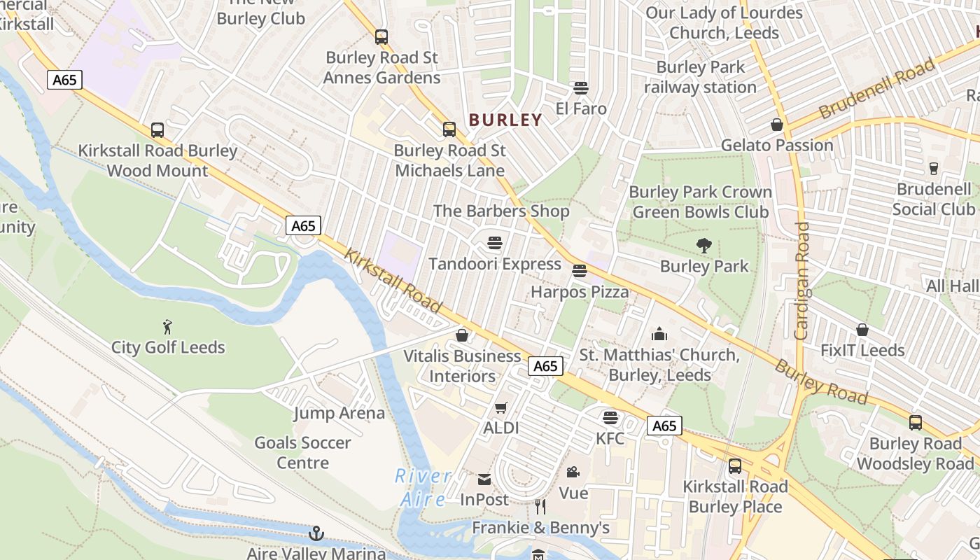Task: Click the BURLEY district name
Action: pyautogui.click(x=505, y=120)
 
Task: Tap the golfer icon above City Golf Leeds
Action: pyautogui.click(x=167, y=327)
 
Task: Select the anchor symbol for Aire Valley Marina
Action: pyautogui.click(x=316, y=534)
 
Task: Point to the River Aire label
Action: pyautogui.click(x=423, y=487)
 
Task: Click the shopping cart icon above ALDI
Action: pyautogui.click(x=501, y=407)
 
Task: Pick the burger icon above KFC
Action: pyautogui.click(x=610, y=418)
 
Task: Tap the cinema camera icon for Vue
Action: pyautogui.click(x=573, y=472)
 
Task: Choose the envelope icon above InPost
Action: pyautogui.click(x=484, y=479)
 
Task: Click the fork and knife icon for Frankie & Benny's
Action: pyautogui.click(x=540, y=506)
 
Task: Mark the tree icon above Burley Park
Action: pyautogui.click(x=703, y=245)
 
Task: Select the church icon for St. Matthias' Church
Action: pyautogui.click(x=659, y=334)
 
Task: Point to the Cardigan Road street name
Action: pyautogui.click(x=802, y=281)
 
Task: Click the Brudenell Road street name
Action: pyautogui.click(x=876, y=89)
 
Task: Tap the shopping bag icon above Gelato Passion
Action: pyautogui.click(x=777, y=125)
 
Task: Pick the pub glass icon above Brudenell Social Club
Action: pyautogui.click(x=933, y=168)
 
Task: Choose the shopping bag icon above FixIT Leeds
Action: pyautogui.click(x=862, y=329)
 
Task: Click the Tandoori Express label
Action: pyautogui.click(x=495, y=264)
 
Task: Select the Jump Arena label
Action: pyautogui.click(x=339, y=413)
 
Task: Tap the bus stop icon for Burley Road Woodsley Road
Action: pyautogui.click(x=916, y=423)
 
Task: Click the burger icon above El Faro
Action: pyautogui.click(x=580, y=87)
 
